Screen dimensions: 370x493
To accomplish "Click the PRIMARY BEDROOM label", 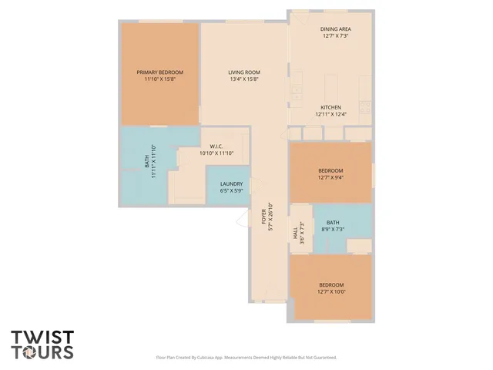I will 160,72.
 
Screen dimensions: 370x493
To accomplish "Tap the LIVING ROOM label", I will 243,72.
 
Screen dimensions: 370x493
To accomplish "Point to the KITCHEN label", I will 331,107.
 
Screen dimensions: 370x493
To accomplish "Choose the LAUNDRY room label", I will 231,183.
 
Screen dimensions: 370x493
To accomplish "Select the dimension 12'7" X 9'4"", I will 330,177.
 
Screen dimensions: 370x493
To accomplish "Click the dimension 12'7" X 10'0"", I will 330,292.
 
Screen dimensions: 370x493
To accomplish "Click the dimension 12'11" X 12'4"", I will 331,114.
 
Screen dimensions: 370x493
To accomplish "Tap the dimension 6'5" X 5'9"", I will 231,190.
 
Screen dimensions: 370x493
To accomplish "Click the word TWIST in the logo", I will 42,338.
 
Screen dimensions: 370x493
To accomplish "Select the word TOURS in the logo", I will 42,352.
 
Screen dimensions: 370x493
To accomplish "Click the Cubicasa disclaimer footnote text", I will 246,358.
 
